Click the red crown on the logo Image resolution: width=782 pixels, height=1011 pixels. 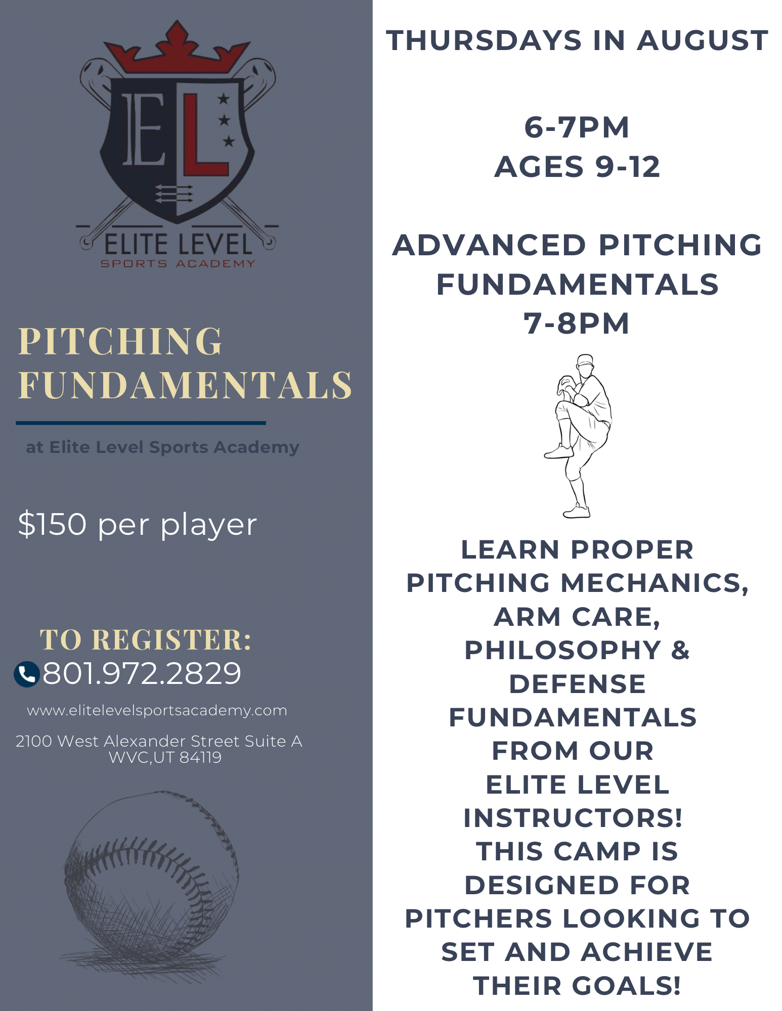(x=177, y=49)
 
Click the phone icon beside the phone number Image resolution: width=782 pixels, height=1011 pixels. (x=27, y=674)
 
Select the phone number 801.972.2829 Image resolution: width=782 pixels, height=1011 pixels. (x=142, y=673)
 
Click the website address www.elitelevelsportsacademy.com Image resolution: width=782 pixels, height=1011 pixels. (x=157, y=711)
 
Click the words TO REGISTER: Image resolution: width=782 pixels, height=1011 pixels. (x=146, y=639)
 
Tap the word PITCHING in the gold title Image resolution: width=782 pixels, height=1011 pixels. (x=120, y=341)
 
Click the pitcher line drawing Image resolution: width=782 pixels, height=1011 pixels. (x=578, y=436)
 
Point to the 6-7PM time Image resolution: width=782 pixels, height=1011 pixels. (x=577, y=127)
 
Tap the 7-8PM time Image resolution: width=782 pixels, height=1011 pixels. (x=577, y=324)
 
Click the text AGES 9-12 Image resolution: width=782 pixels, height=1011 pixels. (x=577, y=167)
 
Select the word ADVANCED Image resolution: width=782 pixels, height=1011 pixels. (x=489, y=245)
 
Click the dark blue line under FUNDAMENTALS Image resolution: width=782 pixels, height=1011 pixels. (x=141, y=423)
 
